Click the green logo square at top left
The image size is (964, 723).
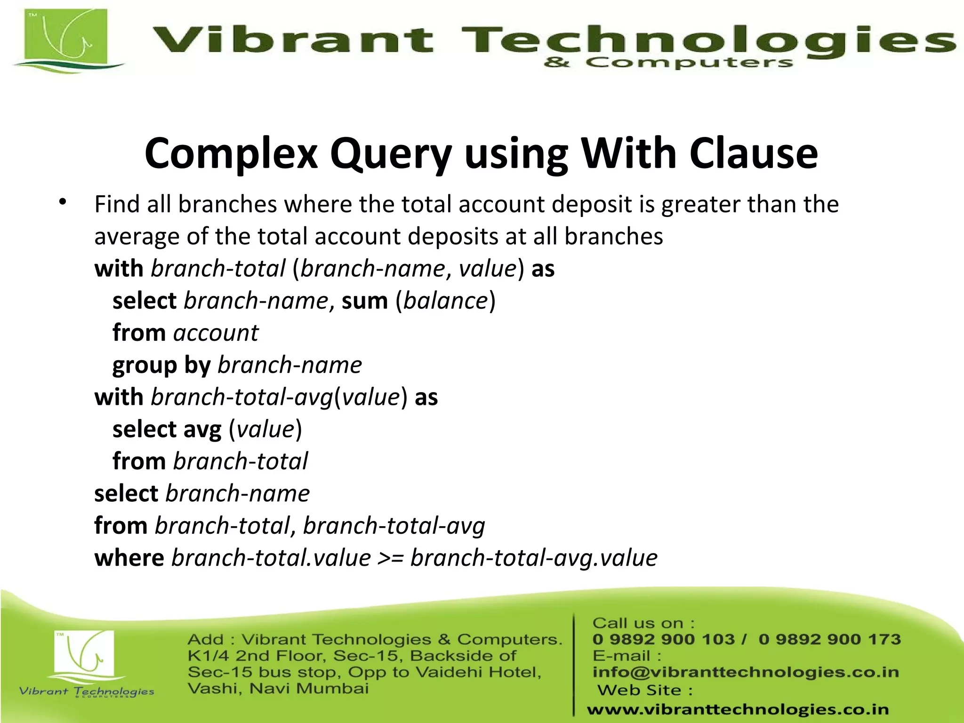[66, 40]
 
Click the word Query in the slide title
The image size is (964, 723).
[391, 154]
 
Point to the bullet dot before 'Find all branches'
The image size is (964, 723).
[63, 203]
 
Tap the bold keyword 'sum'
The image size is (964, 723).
[364, 301]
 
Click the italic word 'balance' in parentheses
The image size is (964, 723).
[445, 301]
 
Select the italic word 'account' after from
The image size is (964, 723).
[216, 333]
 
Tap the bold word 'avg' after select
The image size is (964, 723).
[202, 429]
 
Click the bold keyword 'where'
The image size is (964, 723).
[129, 558]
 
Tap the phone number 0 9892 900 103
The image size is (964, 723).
[663, 639]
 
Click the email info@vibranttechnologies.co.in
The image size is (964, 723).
[746, 672]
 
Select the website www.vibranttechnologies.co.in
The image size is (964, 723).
[738, 709]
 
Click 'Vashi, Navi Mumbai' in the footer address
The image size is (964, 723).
[278, 689]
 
